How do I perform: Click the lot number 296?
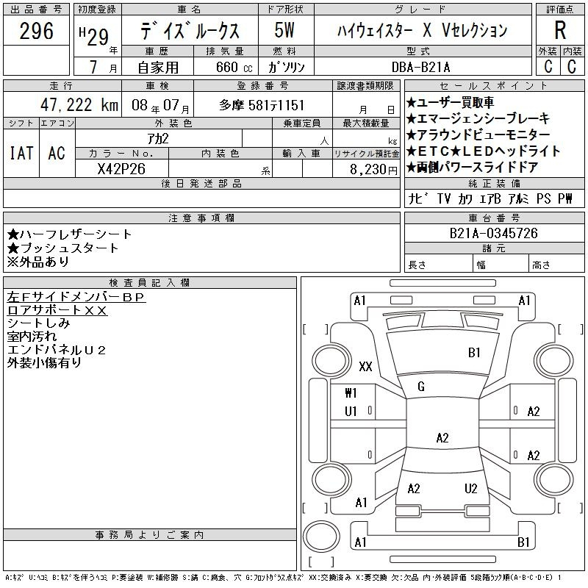37,32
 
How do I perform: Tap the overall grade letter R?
560,31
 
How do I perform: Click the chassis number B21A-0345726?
494,234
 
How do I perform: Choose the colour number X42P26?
121,168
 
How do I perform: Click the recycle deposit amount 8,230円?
367,168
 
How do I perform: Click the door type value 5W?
285,32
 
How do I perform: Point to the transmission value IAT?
21,153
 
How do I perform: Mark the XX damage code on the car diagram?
365,366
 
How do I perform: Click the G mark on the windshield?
421,387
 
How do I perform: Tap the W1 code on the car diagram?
351,393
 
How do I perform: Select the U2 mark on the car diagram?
471,489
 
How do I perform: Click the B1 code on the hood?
474,353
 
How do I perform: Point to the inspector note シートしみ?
38,323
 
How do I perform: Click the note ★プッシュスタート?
62,248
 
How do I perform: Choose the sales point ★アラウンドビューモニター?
478,135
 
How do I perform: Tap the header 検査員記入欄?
150,282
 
